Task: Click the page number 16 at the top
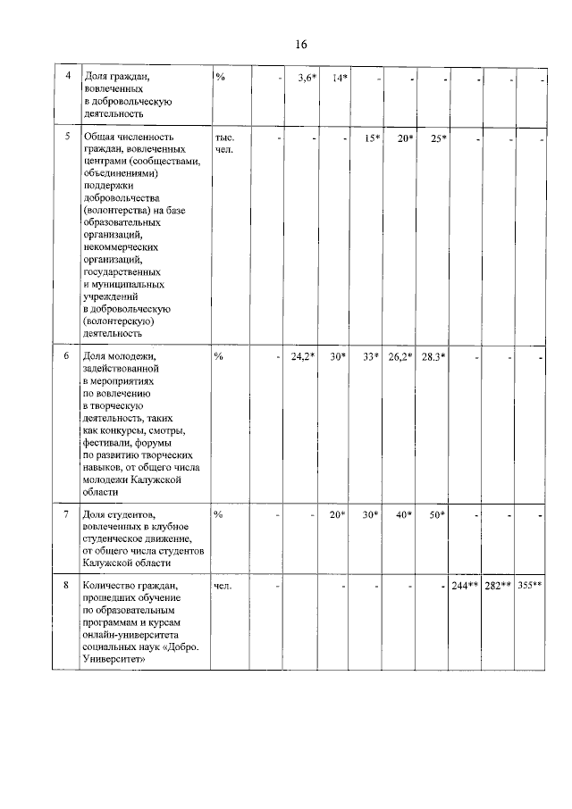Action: coord(299,45)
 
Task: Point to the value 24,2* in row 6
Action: coord(303,357)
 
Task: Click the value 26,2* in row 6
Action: coord(400,357)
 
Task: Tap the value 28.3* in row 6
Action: coord(433,357)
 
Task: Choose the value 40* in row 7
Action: coord(404,514)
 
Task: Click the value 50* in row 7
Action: coord(437,514)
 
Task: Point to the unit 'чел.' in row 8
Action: coord(223,585)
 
